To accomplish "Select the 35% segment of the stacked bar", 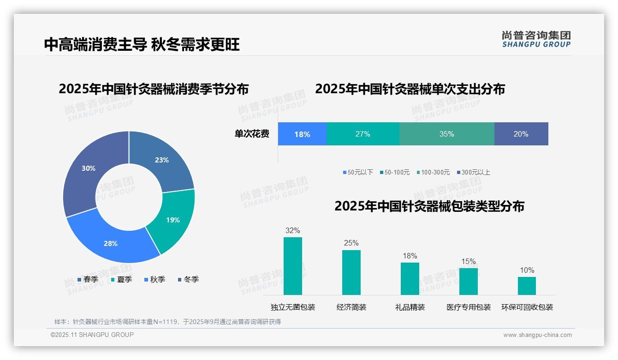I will (446, 134).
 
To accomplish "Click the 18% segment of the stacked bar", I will (302, 134).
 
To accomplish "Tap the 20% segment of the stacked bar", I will (521, 134).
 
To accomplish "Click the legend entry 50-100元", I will (394, 172).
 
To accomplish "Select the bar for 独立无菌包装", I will (292, 266).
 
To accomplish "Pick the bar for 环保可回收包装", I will (527, 286).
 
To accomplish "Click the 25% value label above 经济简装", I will (351, 243).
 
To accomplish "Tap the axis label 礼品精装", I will (410, 307).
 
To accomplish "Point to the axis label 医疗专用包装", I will (468, 307).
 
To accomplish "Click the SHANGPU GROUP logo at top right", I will (536, 39).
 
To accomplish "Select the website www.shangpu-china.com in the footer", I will (537, 335).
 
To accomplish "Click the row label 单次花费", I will (252, 134).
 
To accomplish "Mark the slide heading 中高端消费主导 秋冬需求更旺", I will (142, 44).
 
